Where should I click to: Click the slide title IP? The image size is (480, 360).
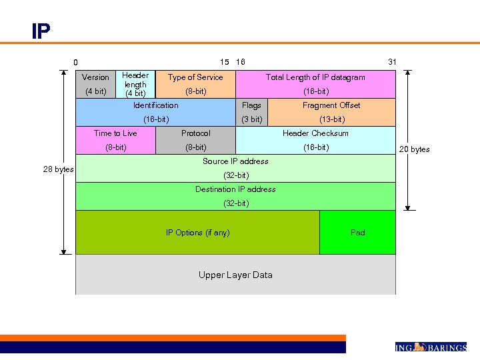click(x=40, y=31)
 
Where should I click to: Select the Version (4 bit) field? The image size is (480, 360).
click(x=95, y=84)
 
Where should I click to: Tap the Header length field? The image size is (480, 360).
click(x=135, y=84)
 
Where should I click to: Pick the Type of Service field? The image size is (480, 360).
click(x=195, y=84)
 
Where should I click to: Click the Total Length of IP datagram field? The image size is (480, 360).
click(x=315, y=84)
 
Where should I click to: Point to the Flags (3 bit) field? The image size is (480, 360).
click(x=251, y=112)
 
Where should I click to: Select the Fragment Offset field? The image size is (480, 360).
click(x=331, y=112)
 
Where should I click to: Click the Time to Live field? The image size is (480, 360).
click(x=115, y=140)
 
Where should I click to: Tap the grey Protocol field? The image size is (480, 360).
click(x=195, y=140)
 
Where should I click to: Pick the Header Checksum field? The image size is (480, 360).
click(x=315, y=140)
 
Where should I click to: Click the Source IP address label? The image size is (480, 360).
click(x=235, y=161)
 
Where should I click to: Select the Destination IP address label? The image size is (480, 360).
click(x=235, y=189)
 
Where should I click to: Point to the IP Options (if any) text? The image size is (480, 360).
click(x=197, y=233)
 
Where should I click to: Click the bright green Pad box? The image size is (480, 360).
click(x=357, y=233)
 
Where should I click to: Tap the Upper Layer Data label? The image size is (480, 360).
click(x=235, y=275)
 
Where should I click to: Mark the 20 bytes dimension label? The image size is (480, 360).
click(x=414, y=149)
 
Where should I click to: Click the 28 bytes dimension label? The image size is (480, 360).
click(x=58, y=169)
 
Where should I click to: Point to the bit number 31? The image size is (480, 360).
click(x=392, y=62)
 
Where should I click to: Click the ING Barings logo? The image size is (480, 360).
click(x=431, y=347)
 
